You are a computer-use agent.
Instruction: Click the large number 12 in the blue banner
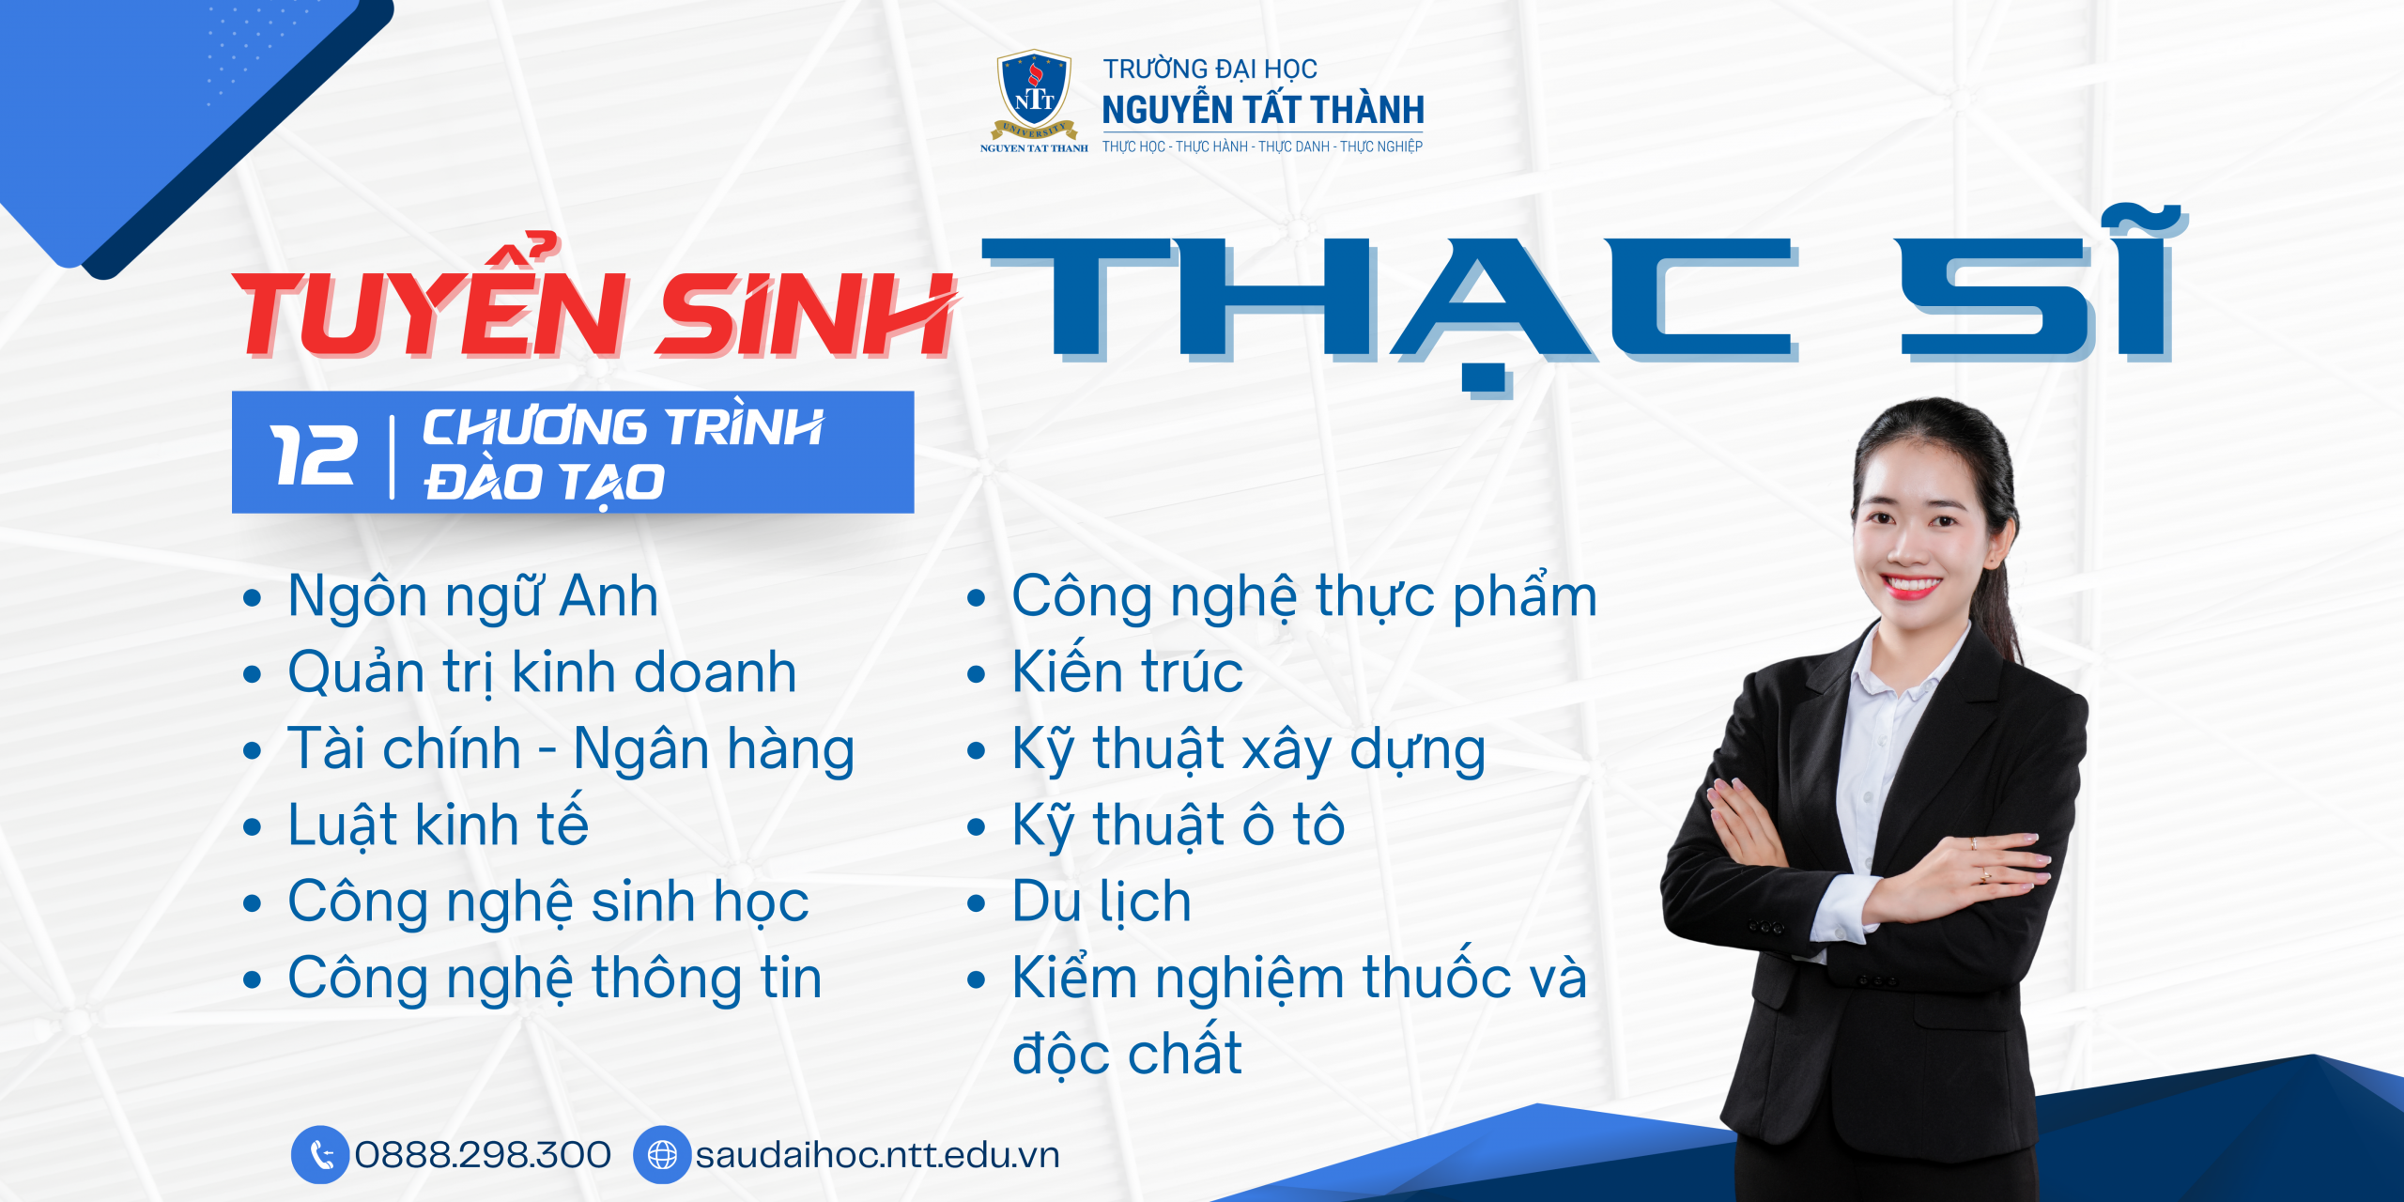click(x=313, y=455)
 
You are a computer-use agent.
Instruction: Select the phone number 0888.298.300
click(x=483, y=1155)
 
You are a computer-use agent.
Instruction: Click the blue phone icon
click(x=320, y=1154)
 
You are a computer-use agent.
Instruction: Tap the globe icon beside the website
click(x=662, y=1154)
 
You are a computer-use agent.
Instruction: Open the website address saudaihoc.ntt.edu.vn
click(x=877, y=1155)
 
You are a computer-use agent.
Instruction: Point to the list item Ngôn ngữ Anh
click(x=473, y=597)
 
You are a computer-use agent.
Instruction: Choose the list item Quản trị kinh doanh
click(x=542, y=673)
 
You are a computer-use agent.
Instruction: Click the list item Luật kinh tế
click(x=439, y=824)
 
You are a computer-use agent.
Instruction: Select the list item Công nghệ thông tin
click(x=555, y=979)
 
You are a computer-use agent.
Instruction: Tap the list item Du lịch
click(x=1102, y=901)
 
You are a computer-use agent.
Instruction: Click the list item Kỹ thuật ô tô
click(x=1179, y=825)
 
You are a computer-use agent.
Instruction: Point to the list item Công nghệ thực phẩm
click(x=1304, y=597)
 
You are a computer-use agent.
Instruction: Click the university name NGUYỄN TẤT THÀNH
click(x=1263, y=110)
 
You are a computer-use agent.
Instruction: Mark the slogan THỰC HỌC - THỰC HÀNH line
click(x=1263, y=146)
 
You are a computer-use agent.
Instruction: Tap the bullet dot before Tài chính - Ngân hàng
click(x=251, y=750)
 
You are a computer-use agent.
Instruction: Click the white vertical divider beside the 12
click(x=392, y=456)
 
